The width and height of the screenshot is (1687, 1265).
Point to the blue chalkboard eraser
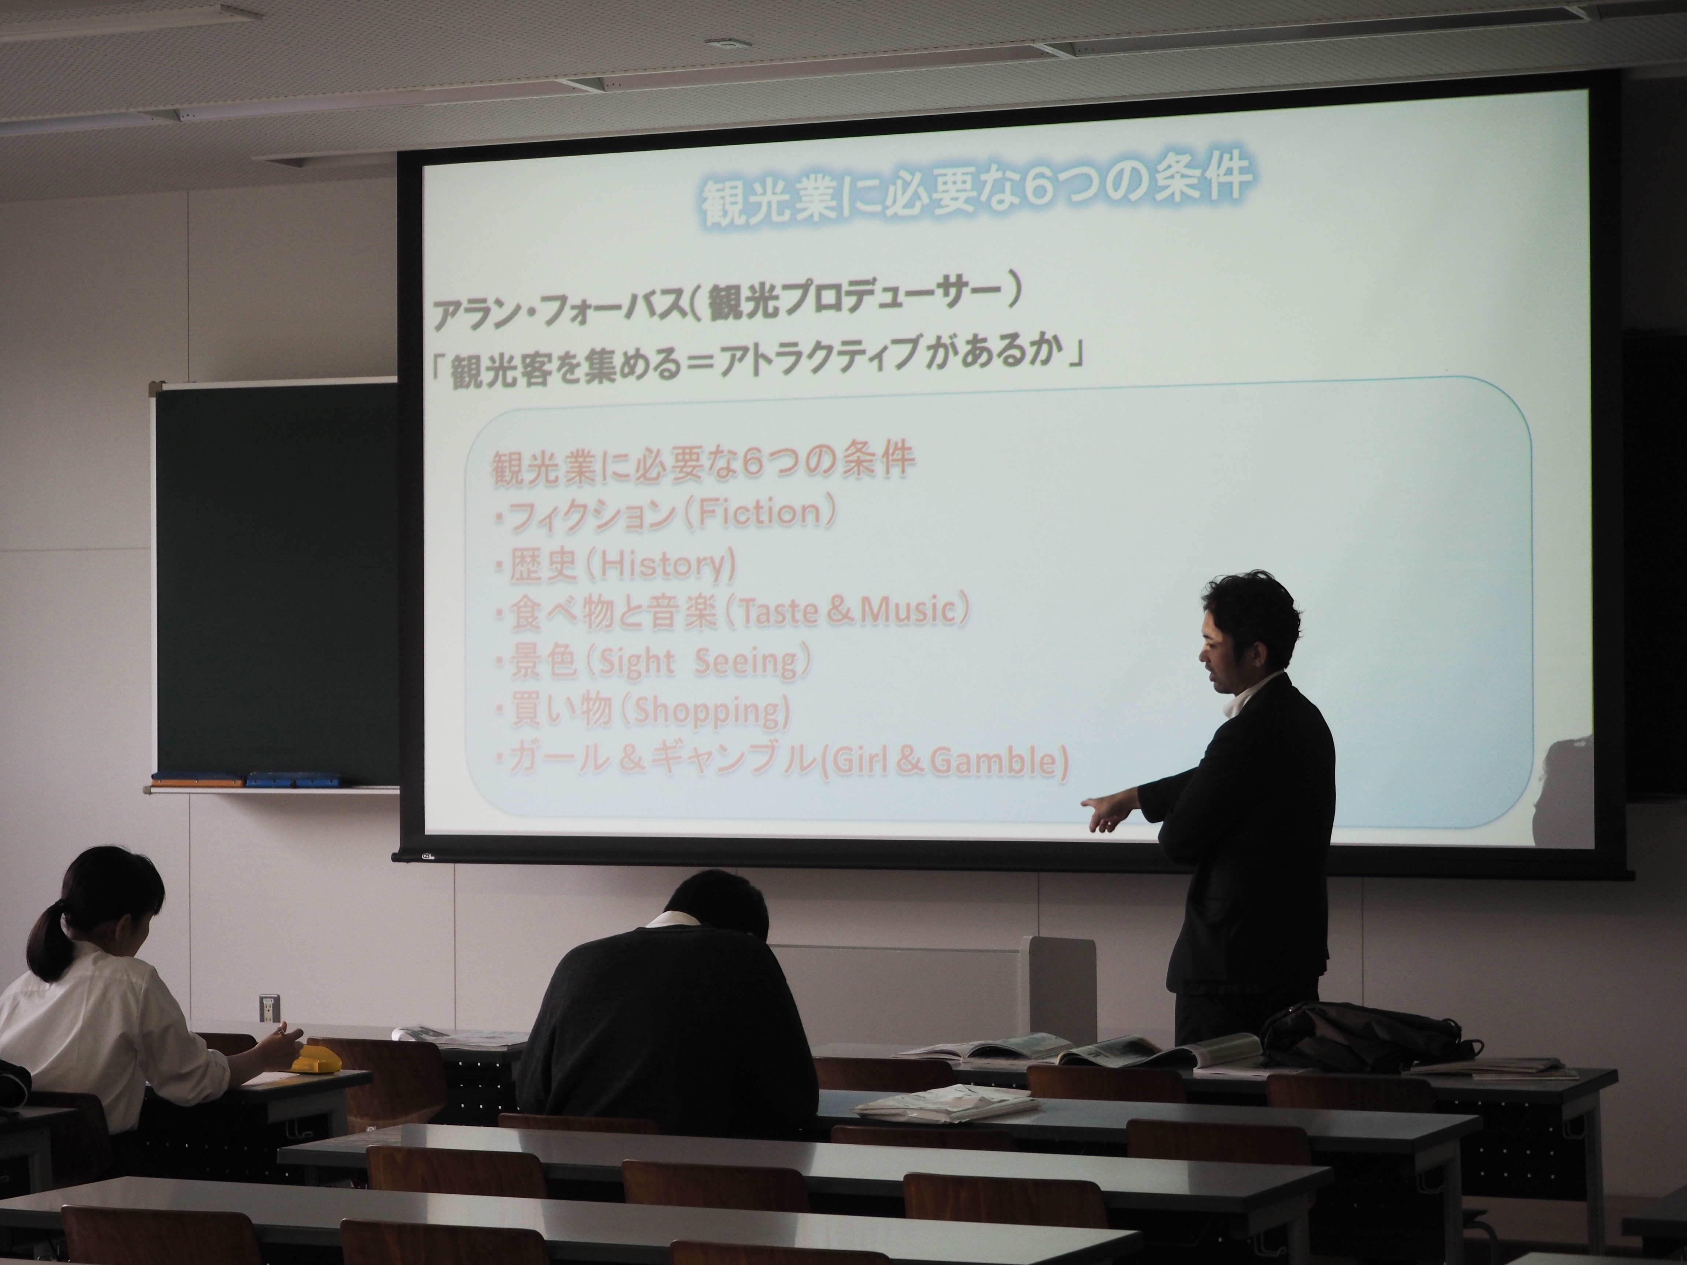tap(294, 779)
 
